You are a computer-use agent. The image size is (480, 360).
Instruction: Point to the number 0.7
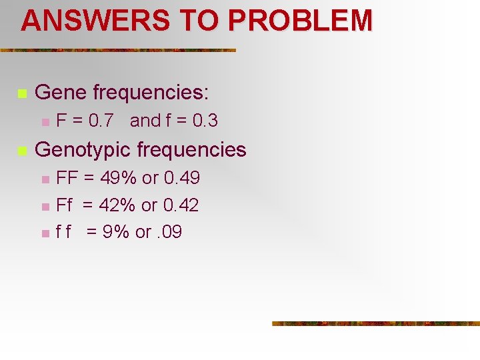tap(99, 121)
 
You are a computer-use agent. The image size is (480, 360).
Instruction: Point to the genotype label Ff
tap(64, 205)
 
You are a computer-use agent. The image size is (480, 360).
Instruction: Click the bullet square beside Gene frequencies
tap(21, 93)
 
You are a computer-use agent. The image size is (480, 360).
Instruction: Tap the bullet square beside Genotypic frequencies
tap(21, 151)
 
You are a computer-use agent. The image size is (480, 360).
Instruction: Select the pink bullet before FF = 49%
tap(44, 179)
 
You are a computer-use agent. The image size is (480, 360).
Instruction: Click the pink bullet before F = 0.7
tap(44, 122)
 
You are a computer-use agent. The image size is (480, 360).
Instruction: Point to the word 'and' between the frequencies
tap(145, 121)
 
